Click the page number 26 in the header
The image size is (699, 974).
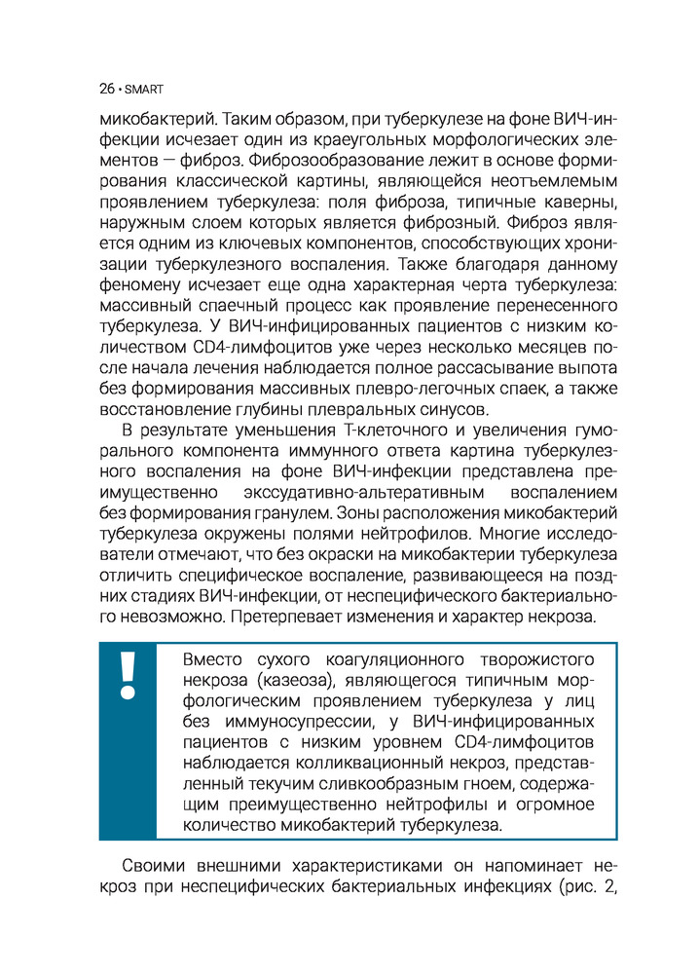tap(106, 89)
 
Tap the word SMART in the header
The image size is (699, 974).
tap(143, 90)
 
